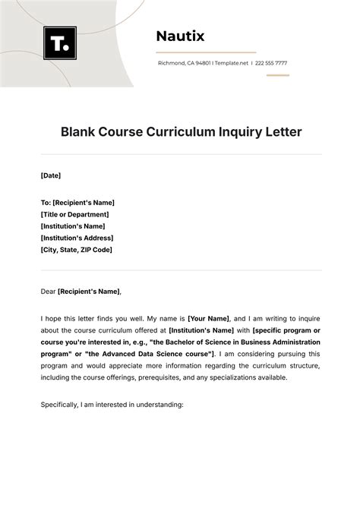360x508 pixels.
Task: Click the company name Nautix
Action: click(180, 36)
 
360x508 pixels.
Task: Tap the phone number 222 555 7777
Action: click(271, 63)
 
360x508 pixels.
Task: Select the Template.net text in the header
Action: click(232, 63)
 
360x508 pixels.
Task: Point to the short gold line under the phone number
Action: click(277, 75)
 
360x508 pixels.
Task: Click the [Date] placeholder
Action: click(51, 175)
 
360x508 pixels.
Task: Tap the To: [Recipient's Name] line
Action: click(77, 203)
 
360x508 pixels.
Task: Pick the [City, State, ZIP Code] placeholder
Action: click(77, 250)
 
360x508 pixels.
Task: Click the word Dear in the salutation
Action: click(48, 291)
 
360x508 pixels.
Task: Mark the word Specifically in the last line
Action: click(60, 405)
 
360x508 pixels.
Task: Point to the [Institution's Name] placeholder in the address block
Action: click(73, 226)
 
